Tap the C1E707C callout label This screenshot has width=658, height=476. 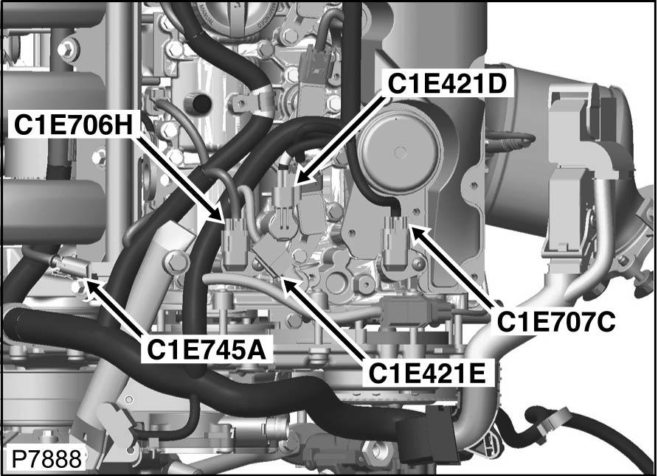click(x=557, y=322)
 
